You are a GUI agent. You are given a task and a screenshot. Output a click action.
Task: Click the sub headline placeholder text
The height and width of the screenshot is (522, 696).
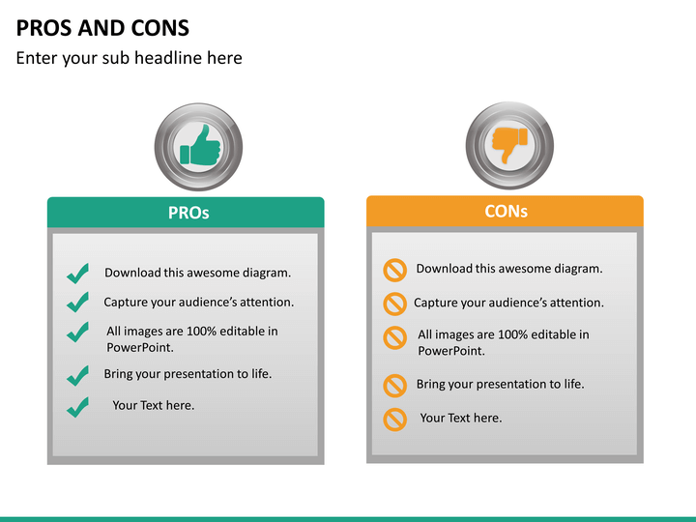(x=129, y=58)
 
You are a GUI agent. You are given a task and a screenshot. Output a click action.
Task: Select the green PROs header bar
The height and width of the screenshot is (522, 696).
(x=186, y=213)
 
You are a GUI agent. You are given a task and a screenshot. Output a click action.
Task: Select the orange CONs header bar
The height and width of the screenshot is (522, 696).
(x=505, y=211)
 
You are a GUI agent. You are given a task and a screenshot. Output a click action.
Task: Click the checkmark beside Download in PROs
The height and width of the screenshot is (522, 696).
(x=77, y=274)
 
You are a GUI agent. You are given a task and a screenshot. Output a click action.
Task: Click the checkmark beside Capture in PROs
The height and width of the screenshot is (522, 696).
(x=77, y=303)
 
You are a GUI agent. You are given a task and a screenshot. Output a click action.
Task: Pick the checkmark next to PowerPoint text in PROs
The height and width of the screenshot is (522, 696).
(x=77, y=333)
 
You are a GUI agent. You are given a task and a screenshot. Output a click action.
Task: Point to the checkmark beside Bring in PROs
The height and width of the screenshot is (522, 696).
(x=77, y=375)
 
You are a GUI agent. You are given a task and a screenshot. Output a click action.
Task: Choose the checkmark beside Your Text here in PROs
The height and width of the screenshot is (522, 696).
(x=77, y=407)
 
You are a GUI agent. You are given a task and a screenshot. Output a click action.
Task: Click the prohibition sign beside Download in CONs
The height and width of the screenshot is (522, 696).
(x=394, y=270)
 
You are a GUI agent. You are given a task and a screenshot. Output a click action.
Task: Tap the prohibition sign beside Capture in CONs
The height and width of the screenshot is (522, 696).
(x=394, y=304)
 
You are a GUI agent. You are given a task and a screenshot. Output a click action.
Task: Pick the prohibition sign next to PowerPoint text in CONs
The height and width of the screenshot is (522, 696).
(x=394, y=337)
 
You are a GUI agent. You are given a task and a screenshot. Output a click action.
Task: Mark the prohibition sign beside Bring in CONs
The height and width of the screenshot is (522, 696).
(x=394, y=386)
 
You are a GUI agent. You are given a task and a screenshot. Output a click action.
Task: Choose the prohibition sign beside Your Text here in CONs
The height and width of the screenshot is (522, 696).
(x=394, y=420)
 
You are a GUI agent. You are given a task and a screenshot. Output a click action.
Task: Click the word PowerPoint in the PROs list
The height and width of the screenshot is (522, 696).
(x=139, y=347)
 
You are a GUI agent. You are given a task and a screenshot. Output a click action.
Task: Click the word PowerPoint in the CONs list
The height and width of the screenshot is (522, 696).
(x=450, y=351)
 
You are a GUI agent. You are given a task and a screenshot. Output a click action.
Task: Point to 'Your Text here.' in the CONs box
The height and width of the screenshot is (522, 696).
(x=460, y=419)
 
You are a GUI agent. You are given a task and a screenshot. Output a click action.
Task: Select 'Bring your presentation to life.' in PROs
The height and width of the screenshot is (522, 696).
(x=188, y=374)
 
